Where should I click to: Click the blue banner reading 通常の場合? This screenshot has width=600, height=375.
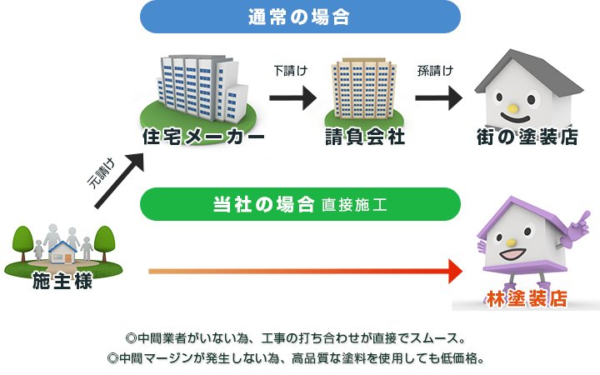pyautogui.click(x=300, y=17)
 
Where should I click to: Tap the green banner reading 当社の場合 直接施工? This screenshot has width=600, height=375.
pyautogui.click(x=300, y=204)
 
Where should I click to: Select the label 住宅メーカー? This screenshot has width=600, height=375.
pyautogui.click(x=203, y=137)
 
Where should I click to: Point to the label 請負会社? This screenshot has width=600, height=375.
pyautogui.click(x=365, y=137)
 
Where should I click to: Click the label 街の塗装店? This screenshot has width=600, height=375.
pyautogui.click(x=527, y=137)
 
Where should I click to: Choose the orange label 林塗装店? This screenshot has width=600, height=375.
pyautogui.click(x=527, y=298)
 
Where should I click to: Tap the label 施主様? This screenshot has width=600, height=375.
pyautogui.click(x=62, y=281)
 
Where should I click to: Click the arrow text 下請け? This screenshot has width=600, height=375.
pyautogui.click(x=291, y=71)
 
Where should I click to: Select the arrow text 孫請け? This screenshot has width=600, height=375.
pyautogui.click(x=436, y=71)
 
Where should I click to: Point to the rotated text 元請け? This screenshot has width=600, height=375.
pyautogui.click(x=101, y=173)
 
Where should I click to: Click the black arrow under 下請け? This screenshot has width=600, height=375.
pyautogui.click(x=293, y=98)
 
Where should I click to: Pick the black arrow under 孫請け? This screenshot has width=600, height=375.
pyautogui.click(x=438, y=98)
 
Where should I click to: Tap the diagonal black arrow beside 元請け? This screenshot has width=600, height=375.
pyautogui.click(x=119, y=181)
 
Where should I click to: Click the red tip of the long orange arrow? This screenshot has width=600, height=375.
pyautogui.click(x=455, y=272)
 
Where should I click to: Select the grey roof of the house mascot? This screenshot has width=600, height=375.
pyautogui.click(x=529, y=73)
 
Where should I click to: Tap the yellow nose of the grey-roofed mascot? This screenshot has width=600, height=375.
pyautogui.click(x=512, y=108)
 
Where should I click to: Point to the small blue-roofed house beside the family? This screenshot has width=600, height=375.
pyautogui.click(x=62, y=252)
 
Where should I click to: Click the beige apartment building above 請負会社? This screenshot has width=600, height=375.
pyautogui.click(x=364, y=89)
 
